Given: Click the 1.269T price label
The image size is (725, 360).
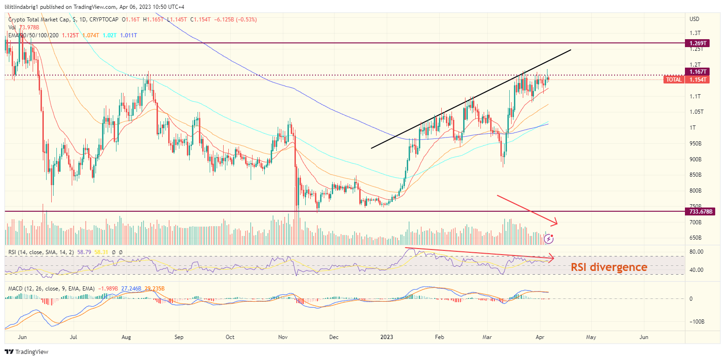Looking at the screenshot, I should point(697,43).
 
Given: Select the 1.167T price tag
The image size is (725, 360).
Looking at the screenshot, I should point(697,71).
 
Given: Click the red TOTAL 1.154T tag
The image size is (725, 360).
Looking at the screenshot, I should point(686,80).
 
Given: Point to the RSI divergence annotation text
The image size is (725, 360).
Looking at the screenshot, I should point(609,267).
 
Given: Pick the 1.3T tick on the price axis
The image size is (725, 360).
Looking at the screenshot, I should point(695,33).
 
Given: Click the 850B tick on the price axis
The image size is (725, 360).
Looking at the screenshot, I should point(696,175).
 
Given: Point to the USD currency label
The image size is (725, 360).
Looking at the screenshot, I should point(694,19).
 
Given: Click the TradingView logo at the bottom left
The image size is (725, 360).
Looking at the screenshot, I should point(27,352).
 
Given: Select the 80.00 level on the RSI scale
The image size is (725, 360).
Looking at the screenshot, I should point(696,252).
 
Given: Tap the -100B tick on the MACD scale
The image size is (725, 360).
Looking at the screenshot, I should point(696,322).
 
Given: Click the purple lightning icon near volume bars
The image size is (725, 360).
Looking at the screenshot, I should point(549,239).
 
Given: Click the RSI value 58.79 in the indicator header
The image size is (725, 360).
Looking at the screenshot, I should point(84,252).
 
